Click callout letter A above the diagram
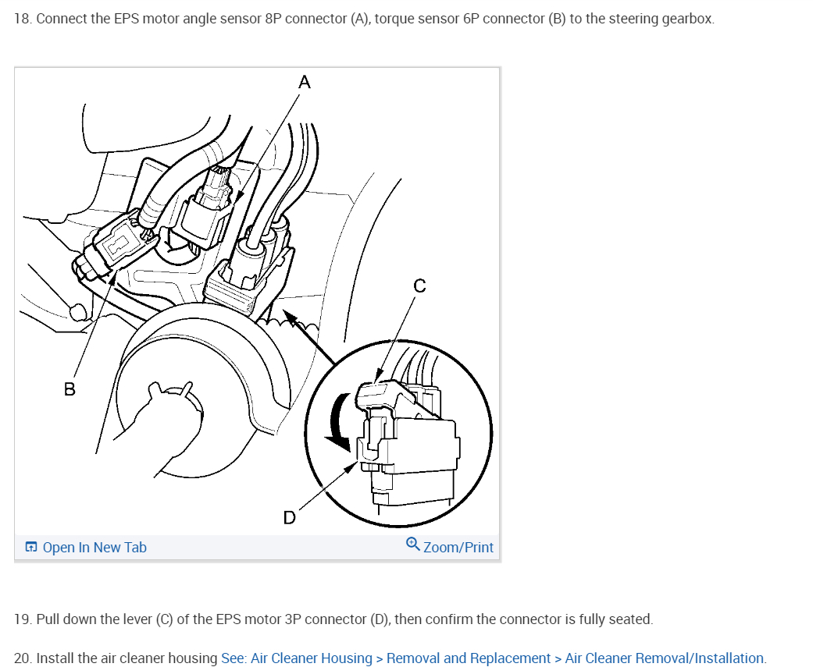(305, 82)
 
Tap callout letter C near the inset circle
(419, 286)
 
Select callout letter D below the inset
(290, 517)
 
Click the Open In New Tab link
(94, 548)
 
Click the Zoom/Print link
(458, 548)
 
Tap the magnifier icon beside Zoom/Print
(413, 545)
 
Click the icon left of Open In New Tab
(31, 548)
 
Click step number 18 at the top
(23, 19)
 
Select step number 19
(23, 619)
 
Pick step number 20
(23, 658)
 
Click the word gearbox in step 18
(687, 19)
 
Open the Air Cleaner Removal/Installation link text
(665, 658)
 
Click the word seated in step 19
(630, 619)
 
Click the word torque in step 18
(394, 19)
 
